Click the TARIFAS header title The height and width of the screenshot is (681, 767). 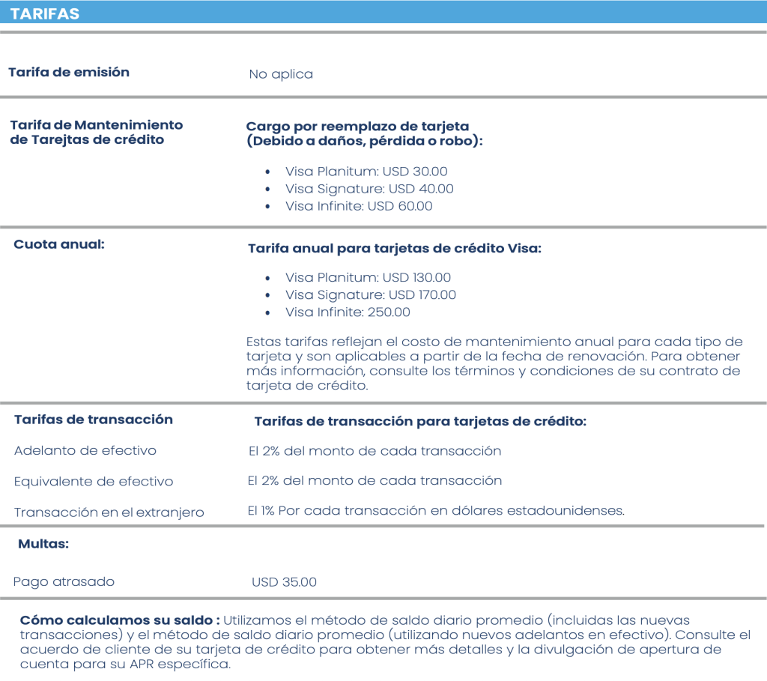[45, 14]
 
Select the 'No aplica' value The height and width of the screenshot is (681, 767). [281, 74]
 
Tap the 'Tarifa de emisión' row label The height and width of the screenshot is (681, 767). [69, 72]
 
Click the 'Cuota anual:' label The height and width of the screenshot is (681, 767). [59, 244]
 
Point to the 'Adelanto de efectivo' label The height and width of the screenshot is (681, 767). [85, 450]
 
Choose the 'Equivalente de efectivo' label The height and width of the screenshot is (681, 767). [94, 482]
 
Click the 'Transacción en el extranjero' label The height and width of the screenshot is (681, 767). [109, 512]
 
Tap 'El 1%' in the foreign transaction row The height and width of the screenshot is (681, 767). [261, 511]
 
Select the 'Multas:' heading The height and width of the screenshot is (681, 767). [43, 544]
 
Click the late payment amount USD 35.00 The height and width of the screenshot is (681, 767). [285, 581]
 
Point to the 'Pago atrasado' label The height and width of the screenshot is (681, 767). [64, 581]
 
